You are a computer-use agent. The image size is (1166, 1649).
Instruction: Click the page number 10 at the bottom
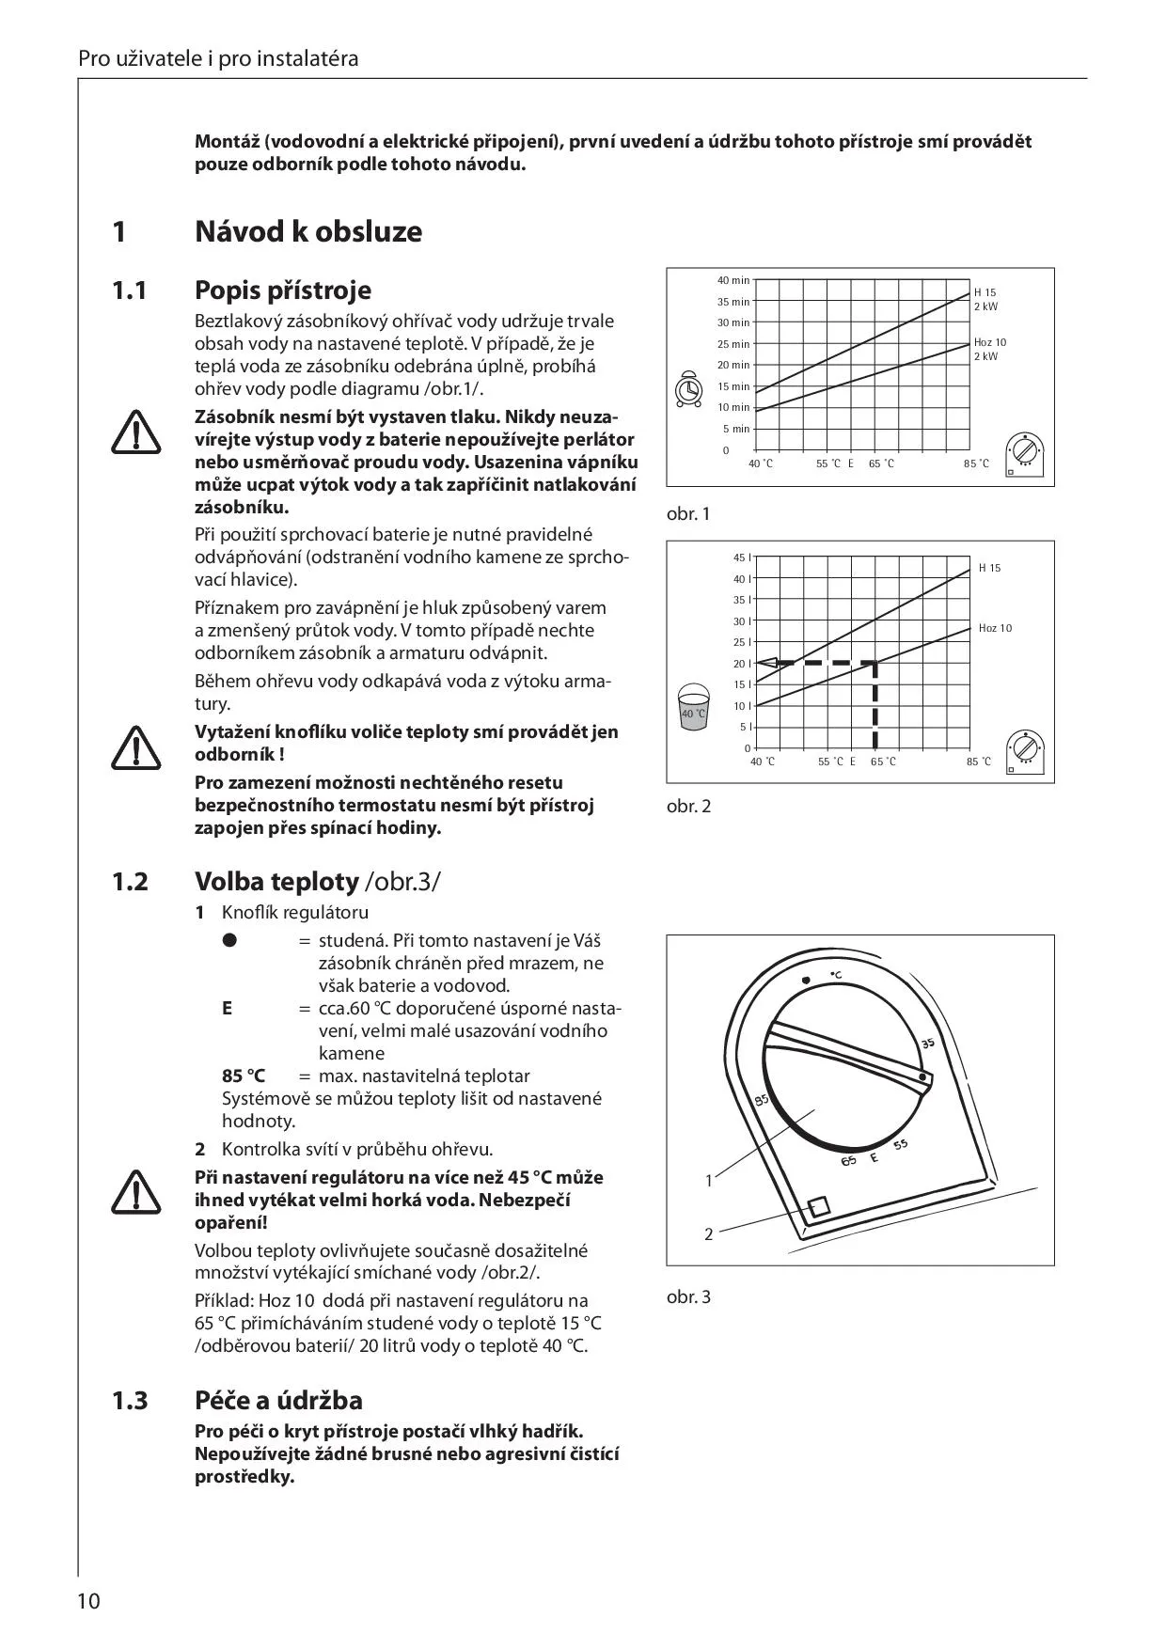88,1601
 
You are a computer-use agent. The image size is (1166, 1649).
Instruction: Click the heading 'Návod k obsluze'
307,231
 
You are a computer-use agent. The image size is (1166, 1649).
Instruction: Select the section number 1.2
130,882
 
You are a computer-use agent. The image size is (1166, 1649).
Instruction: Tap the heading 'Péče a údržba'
278,1400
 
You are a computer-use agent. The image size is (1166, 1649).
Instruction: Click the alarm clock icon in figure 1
688,390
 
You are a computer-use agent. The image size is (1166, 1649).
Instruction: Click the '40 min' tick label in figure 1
733,280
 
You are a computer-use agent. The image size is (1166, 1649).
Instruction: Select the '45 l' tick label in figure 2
741,558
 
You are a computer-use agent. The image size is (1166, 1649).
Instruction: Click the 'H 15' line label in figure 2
989,568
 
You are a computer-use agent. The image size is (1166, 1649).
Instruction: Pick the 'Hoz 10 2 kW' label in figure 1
989,349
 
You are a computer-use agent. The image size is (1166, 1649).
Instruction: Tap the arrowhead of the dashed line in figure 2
764,663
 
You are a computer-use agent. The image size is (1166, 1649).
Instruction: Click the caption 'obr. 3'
688,1296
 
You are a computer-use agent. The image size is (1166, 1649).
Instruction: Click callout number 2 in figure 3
709,1233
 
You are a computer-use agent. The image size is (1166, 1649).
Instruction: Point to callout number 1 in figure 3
709,1180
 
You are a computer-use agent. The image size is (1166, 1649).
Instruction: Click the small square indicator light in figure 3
819,1206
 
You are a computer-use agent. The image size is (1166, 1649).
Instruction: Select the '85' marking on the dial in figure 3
762,1099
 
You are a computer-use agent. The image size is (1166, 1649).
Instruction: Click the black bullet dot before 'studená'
228,940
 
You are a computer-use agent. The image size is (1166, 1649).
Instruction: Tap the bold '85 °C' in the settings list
244,1076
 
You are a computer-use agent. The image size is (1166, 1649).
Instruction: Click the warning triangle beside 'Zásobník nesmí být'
136,432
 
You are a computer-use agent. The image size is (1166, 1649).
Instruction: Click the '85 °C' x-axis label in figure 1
977,463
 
